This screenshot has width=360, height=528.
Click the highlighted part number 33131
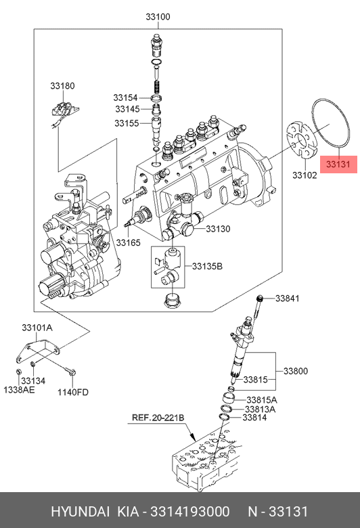point(338,164)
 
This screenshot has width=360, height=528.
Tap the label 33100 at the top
point(158,16)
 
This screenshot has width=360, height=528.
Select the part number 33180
point(62,86)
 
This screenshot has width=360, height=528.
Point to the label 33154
point(125,97)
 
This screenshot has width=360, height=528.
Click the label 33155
point(127,123)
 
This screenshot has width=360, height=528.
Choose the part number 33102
point(305,175)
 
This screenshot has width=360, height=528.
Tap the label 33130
point(218,229)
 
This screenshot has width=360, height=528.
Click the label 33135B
point(207,266)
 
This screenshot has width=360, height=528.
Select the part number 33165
point(129,242)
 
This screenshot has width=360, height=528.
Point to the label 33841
point(288,299)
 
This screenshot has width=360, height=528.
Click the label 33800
point(296,371)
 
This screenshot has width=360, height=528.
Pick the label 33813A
point(260,410)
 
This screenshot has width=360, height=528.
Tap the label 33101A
point(37,328)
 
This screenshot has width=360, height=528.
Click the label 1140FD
point(72,393)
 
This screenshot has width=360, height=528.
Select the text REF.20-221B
point(158,418)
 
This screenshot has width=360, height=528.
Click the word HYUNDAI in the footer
point(80,512)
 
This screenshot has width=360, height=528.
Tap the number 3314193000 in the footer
point(190,512)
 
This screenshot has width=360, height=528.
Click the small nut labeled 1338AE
point(19,372)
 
